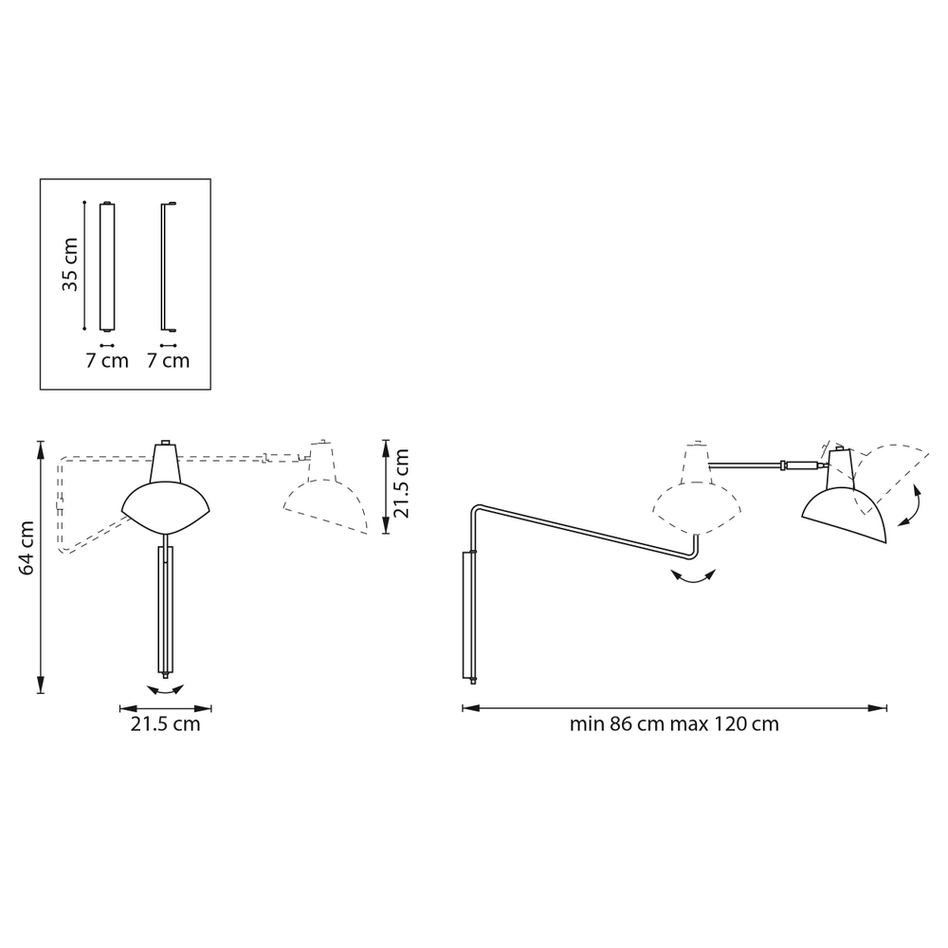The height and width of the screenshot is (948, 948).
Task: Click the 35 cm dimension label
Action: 70,264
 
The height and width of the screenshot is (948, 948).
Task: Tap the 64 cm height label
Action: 27,548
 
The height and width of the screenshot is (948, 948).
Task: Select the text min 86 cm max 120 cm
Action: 674,723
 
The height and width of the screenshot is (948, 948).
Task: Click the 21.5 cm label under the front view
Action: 165,723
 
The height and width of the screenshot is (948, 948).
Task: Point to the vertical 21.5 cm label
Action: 401,483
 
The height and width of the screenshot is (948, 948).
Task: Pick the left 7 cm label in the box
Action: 107,361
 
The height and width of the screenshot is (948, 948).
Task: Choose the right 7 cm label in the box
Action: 169,361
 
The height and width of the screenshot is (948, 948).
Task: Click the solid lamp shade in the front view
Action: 165,508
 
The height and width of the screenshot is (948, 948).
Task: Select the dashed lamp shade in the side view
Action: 697,508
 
